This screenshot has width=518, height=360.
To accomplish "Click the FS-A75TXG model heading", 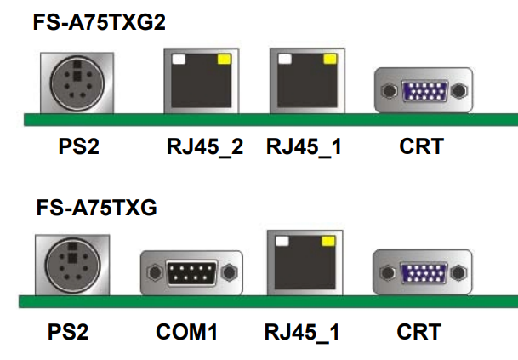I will [x=96, y=207].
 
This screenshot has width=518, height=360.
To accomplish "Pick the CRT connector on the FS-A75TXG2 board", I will [x=423, y=90].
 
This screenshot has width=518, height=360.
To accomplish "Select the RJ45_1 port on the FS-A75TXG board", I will [x=303, y=263].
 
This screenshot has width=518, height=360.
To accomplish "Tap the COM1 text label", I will [x=187, y=331].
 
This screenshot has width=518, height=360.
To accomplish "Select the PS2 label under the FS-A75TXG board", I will [x=68, y=331].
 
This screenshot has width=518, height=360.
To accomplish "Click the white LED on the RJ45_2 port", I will [x=179, y=60].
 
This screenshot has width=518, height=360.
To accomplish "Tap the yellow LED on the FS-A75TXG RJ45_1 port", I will [x=326, y=242].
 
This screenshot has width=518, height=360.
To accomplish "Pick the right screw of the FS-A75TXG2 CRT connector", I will [x=460, y=90].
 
